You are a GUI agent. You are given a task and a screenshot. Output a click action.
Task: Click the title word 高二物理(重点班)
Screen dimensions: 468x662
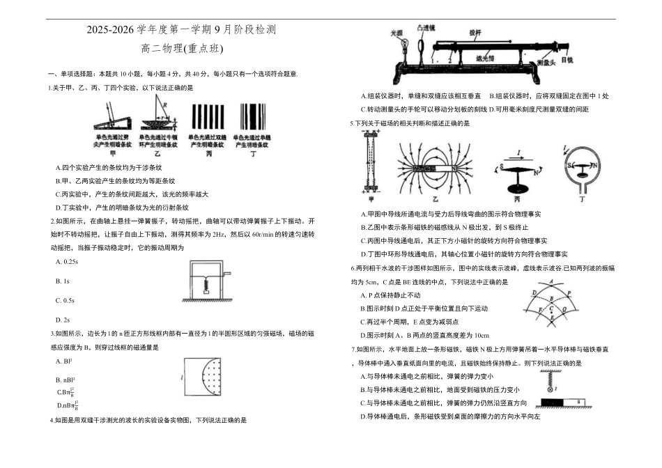(x=182, y=49)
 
